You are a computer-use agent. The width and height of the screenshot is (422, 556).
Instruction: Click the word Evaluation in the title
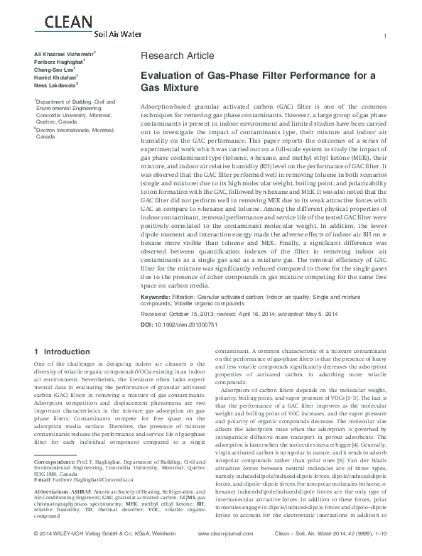pyautogui.click(x=168, y=75)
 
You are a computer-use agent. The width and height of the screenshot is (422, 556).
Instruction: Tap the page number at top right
pyautogui.click(x=384, y=36)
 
